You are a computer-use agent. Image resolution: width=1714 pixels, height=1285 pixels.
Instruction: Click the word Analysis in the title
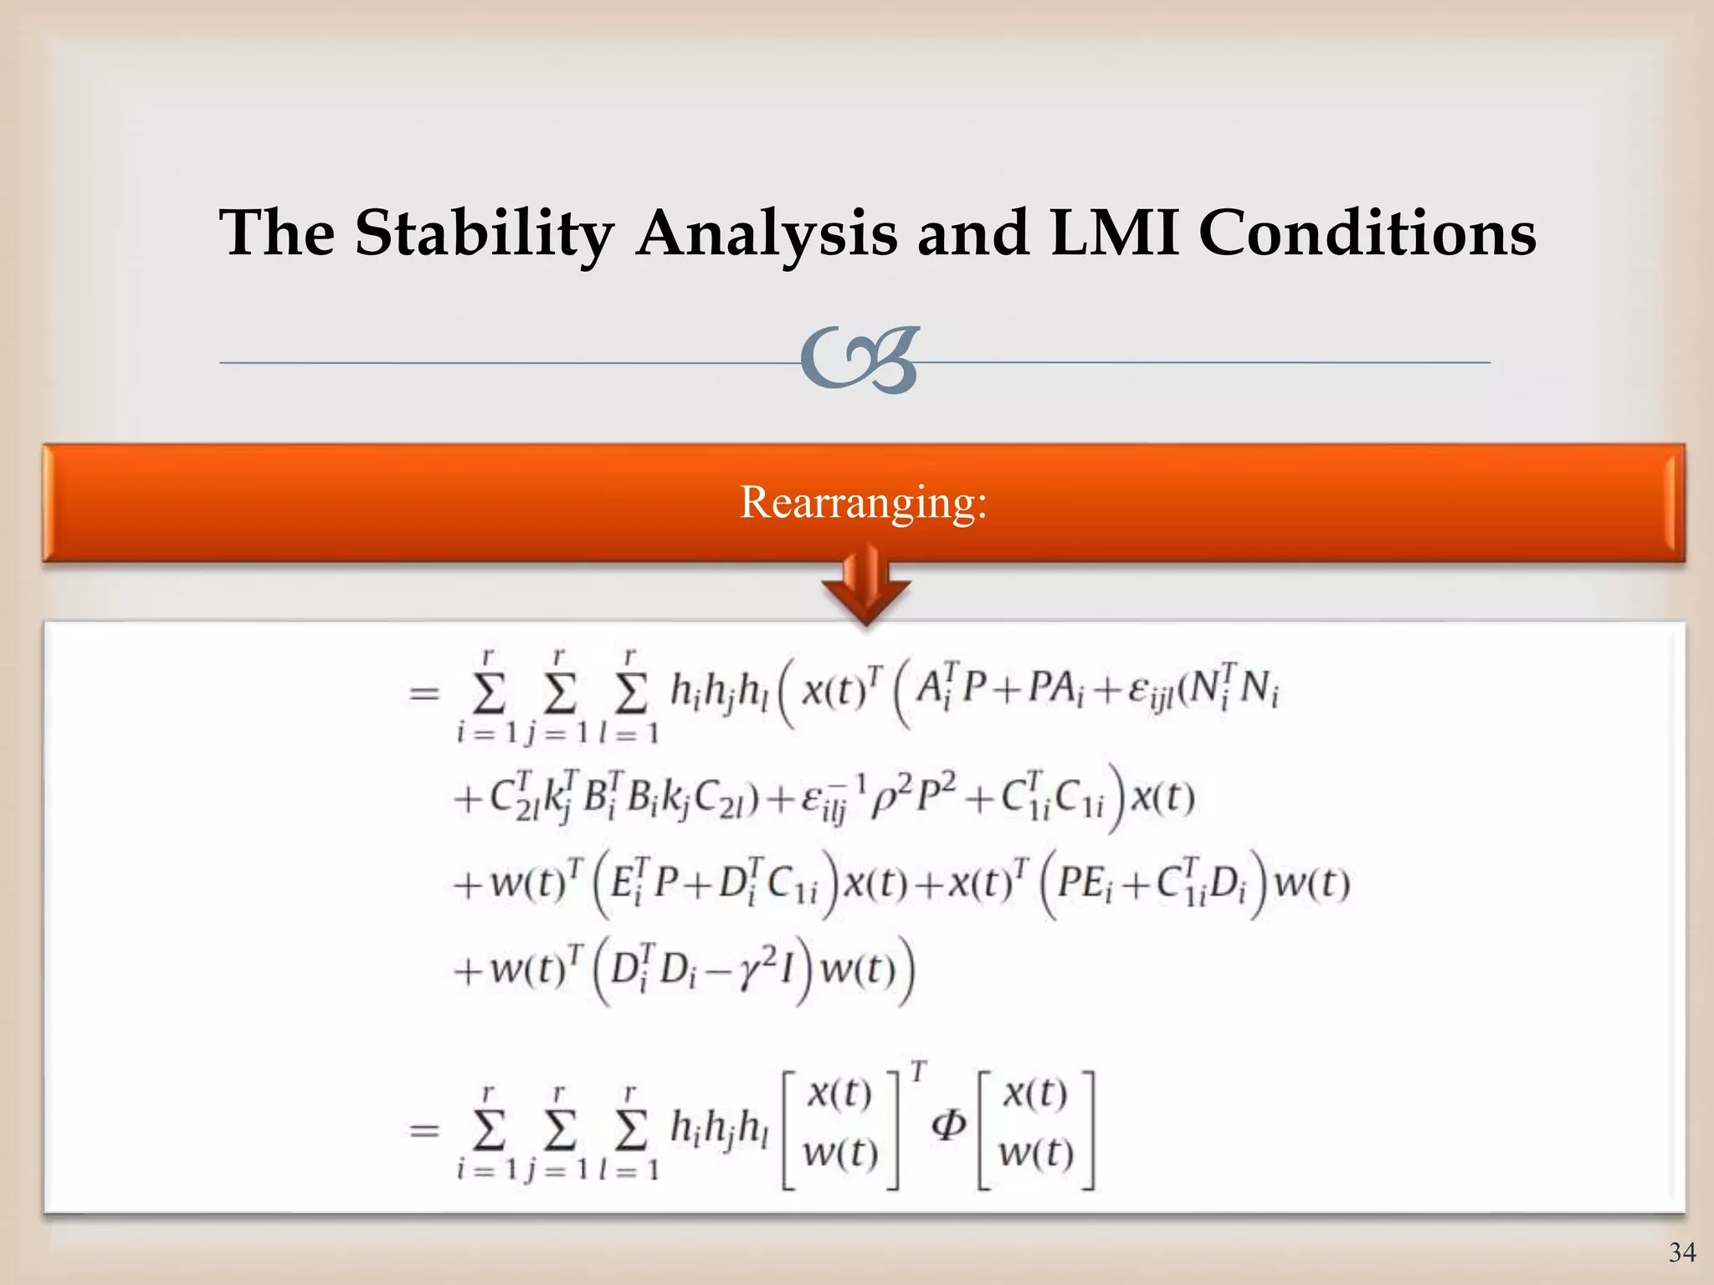(766, 234)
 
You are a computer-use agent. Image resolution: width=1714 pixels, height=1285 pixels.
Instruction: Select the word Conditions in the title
(1368, 233)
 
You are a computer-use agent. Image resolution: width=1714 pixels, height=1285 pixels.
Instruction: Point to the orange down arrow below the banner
(865, 586)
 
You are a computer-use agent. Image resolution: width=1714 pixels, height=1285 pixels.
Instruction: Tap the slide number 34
(1682, 1252)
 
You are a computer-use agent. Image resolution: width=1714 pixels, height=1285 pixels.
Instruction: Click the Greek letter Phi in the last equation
(949, 1126)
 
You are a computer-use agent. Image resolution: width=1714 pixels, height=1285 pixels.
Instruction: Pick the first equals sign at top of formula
(423, 693)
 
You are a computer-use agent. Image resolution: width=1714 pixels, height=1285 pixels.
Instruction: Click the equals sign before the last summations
(423, 1131)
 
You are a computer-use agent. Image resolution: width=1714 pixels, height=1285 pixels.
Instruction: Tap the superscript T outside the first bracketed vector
(919, 1072)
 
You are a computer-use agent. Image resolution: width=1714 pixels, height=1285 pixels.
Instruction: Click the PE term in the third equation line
(1085, 883)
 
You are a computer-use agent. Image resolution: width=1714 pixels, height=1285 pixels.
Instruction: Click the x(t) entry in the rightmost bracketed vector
(1035, 1094)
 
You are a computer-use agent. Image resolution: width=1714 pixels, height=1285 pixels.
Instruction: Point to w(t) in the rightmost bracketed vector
(1035, 1154)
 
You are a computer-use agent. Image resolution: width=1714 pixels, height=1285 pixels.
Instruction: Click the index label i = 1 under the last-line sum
(488, 1169)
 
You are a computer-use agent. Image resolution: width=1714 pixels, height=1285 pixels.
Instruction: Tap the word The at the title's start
(277, 233)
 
